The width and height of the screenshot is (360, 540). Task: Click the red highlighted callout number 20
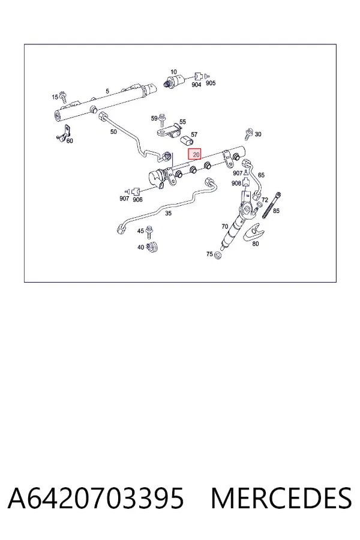[x=194, y=154]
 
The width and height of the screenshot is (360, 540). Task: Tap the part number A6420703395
[x=96, y=498]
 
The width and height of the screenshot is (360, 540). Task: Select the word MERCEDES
[x=281, y=498]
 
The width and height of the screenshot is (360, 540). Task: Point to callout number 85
[x=276, y=211]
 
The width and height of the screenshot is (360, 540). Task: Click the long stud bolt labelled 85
[x=272, y=205]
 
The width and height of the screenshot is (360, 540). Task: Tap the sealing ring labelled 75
[x=217, y=256]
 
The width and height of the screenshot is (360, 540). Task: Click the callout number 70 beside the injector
[x=224, y=227]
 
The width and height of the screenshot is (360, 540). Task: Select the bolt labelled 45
[x=149, y=232]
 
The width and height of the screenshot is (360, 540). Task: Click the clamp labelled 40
[x=152, y=247]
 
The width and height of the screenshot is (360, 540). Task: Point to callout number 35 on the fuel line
[x=168, y=214]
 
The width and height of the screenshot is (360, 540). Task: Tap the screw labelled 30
[x=248, y=134]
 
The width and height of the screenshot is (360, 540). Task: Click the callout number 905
[x=211, y=83]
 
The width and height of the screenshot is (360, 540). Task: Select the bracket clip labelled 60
[x=64, y=133]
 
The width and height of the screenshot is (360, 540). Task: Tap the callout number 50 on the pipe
[x=113, y=132]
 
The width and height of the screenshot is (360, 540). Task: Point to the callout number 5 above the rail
[x=107, y=91]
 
